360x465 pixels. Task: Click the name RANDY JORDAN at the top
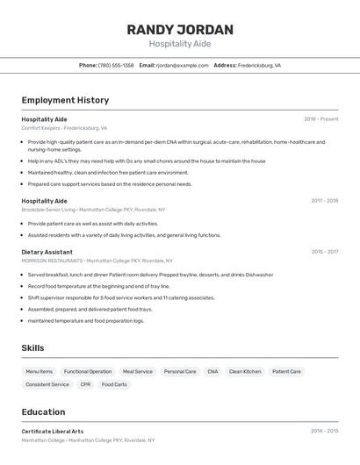click(x=180, y=29)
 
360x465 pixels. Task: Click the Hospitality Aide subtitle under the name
click(x=180, y=44)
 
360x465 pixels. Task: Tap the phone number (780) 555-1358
click(x=116, y=66)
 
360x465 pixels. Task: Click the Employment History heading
click(x=65, y=101)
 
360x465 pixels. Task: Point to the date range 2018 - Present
click(x=320, y=119)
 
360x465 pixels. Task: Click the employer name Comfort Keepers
click(x=40, y=128)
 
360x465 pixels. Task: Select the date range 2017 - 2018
click(x=324, y=201)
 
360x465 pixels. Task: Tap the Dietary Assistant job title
click(x=47, y=252)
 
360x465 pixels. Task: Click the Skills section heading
click(x=32, y=348)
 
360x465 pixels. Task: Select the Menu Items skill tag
click(x=39, y=372)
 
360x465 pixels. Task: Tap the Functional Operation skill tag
click(x=88, y=372)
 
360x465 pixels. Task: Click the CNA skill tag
click(x=212, y=372)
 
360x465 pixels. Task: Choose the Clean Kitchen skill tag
click(x=245, y=372)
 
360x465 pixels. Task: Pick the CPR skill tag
click(x=85, y=384)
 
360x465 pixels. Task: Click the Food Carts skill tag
click(x=114, y=384)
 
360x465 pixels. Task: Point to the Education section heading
click(x=43, y=412)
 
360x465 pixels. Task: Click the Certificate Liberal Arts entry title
click(x=53, y=432)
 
